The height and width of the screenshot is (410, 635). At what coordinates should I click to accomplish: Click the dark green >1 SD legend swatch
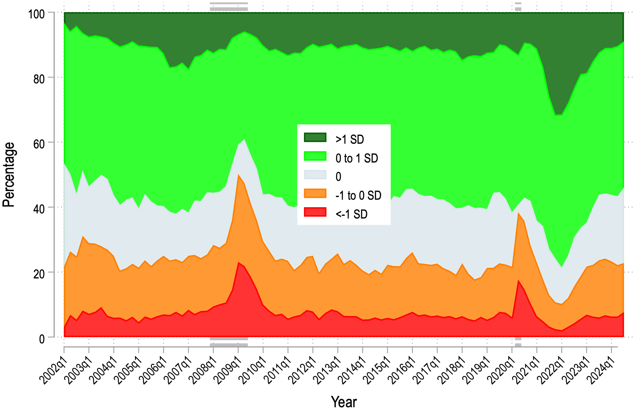(315, 137)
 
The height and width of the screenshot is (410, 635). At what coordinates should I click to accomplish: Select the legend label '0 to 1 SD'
(356, 158)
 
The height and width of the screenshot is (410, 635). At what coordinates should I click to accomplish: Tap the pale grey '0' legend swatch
(315, 175)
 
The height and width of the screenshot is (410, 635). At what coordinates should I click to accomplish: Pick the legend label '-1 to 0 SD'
(358, 195)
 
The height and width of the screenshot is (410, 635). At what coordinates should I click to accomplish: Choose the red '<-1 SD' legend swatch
(315, 212)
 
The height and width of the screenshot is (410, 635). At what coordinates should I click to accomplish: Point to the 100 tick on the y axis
(36, 14)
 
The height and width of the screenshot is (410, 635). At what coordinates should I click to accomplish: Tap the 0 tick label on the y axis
(42, 339)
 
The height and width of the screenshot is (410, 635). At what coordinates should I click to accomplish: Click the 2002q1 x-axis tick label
(53, 370)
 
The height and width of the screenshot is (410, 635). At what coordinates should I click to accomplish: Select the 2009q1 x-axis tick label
(227, 370)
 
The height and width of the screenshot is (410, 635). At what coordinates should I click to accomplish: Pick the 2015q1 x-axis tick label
(377, 370)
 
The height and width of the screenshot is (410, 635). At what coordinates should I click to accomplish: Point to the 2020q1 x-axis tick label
(501, 370)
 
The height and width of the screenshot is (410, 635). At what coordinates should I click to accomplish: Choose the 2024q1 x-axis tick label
(601, 370)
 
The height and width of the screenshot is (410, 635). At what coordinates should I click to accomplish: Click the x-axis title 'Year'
(344, 402)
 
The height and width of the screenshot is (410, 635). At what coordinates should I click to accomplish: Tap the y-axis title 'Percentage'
(9, 175)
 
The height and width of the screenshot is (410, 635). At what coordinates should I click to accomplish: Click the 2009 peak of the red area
(238, 263)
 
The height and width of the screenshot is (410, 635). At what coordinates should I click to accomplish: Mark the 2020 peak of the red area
(518, 280)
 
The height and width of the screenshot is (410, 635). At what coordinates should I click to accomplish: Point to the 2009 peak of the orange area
(238, 175)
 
